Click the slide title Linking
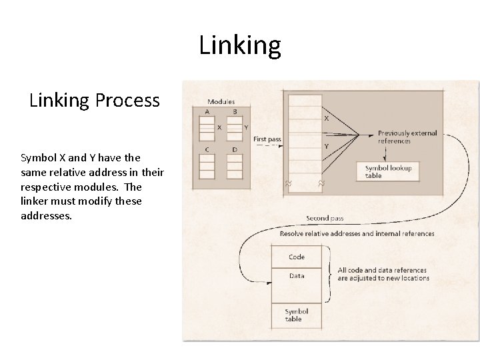coord(240,45)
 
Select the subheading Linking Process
coord(95,100)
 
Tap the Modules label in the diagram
coord(221,102)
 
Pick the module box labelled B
coord(234,127)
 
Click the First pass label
coord(267,139)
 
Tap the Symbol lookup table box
coord(388,171)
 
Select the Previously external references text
coord(407,137)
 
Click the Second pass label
coord(325,218)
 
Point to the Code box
coord(297,257)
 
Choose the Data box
coord(297,275)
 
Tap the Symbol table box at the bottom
coord(297,315)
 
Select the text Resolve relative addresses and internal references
coord(357,233)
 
